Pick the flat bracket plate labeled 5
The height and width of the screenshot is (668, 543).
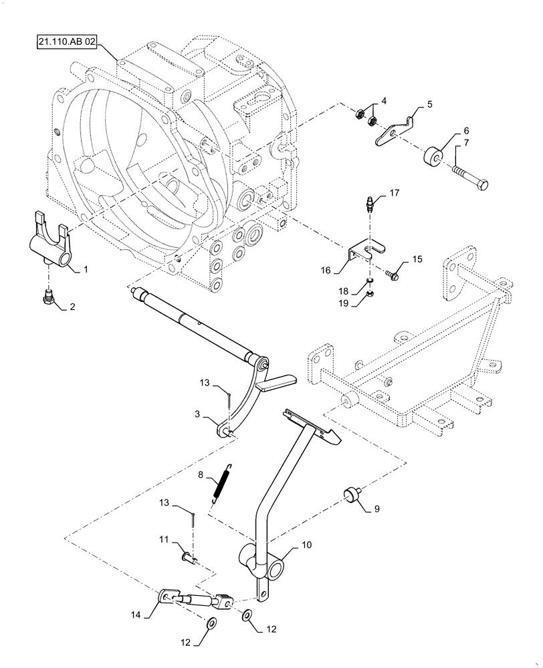point(391,133)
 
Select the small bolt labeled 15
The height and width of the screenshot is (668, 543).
point(392,272)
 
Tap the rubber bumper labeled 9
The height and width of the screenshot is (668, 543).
point(348,495)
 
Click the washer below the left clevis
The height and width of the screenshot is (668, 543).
point(211,625)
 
